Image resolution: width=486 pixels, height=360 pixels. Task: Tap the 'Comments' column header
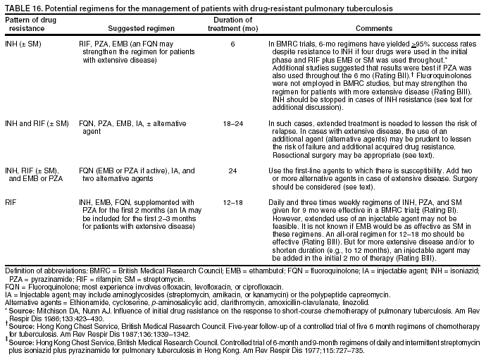point(374,28)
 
